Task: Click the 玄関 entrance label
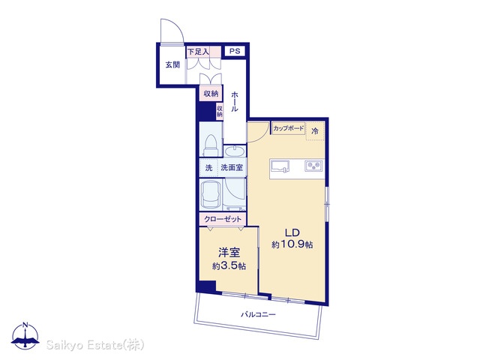click(x=172, y=65)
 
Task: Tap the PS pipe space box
click(x=235, y=51)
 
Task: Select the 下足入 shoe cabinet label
click(x=198, y=52)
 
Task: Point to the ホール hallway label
click(x=235, y=101)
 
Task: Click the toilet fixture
click(x=211, y=145)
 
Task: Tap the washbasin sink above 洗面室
click(x=235, y=151)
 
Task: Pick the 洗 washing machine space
click(x=208, y=168)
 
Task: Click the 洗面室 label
click(x=232, y=167)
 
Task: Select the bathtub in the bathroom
click(x=211, y=194)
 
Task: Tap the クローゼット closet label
click(x=223, y=219)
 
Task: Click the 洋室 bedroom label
click(x=229, y=253)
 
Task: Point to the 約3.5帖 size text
click(x=229, y=266)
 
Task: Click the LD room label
click(x=292, y=232)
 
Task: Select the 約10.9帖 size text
click(x=292, y=244)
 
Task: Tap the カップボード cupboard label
click(x=289, y=128)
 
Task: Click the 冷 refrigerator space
click(x=315, y=131)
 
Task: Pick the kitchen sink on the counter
click(x=280, y=166)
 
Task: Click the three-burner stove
click(x=313, y=166)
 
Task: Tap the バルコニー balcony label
click(x=258, y=314)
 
